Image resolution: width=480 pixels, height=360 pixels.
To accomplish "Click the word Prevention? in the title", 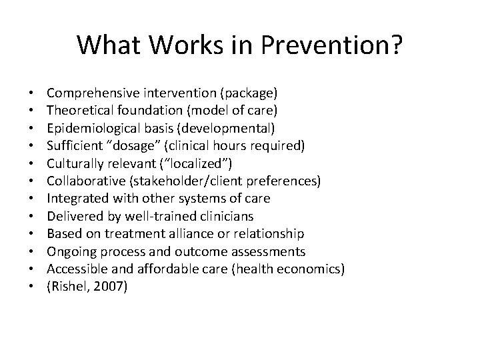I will click(x=330, y=46).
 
